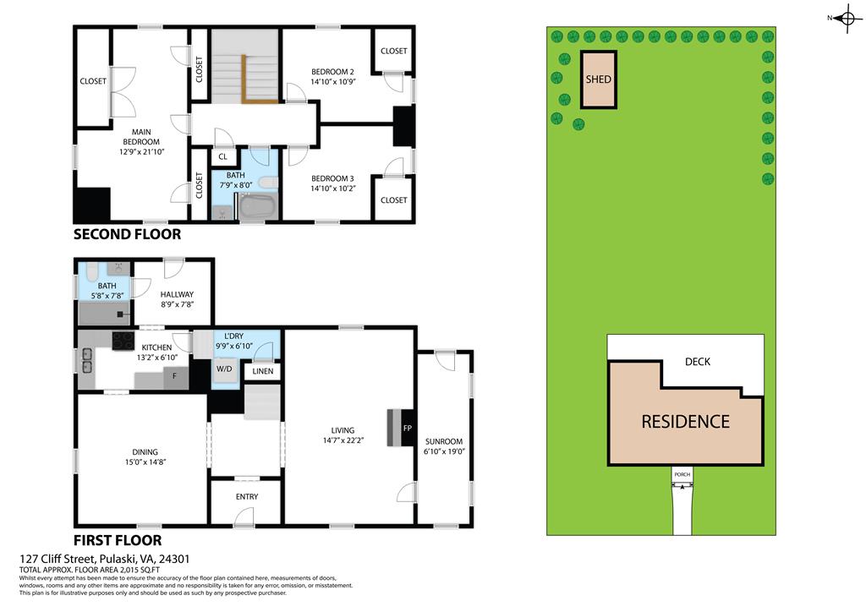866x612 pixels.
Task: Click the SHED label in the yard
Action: (598, 79)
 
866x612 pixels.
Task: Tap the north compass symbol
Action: (848, 19)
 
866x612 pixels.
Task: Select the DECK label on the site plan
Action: (698, 362)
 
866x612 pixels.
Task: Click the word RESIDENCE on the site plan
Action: (685, 421)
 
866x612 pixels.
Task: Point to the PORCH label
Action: (682, 475)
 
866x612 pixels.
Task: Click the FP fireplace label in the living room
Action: (407, 429)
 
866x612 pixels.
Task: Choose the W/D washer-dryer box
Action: (225, 369)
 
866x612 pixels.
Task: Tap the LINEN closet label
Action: (263, 370)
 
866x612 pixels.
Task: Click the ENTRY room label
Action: (247, 496)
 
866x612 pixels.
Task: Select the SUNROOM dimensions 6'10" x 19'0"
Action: (444, 451)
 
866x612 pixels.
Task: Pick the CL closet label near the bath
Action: (223, 156)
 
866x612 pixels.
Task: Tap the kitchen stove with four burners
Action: (123, 339)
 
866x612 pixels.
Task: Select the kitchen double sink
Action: (86, 361)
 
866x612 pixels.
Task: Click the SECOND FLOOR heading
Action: (127, 234)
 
